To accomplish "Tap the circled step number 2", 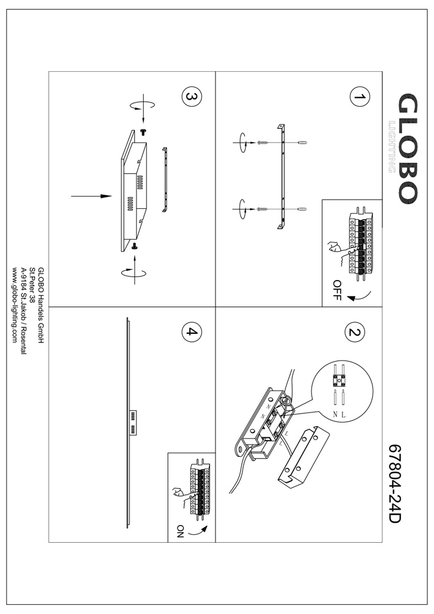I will coord(354,333).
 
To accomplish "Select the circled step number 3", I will coord(191,97).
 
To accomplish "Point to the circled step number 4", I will coord(191,333).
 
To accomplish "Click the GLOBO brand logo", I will coord(408,149).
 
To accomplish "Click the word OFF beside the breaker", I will coord(336,289).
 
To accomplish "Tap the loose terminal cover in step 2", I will coord(302,456).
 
